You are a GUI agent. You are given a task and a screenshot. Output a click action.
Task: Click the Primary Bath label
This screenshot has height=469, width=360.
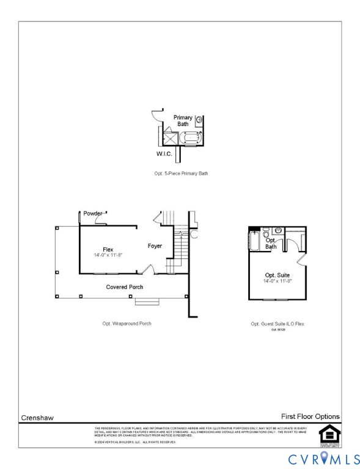click(183, 120)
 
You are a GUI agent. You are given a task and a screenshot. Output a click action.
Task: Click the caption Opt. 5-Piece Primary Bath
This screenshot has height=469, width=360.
click(181, 173)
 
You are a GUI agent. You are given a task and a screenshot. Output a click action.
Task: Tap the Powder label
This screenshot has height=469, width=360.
click(93, 213)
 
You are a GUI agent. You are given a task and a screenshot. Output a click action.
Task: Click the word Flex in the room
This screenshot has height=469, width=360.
click(108, 249)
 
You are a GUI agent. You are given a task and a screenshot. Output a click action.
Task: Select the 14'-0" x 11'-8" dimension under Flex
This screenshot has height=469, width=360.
click(108, 255)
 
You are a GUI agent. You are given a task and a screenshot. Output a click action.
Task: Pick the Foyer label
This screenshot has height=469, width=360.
click(155, 246)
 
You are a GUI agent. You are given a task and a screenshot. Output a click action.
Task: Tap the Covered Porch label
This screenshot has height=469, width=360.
click(125, 286)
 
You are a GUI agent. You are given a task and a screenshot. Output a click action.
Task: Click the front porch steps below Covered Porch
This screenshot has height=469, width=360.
click(147, 301)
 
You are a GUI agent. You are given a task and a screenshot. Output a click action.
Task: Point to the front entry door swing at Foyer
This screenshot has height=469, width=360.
click(148, 269)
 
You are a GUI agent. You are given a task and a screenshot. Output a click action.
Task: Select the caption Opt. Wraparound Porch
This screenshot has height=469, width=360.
click(127, 323)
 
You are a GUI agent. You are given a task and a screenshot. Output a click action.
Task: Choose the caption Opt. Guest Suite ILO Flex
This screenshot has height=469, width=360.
click(277, 324)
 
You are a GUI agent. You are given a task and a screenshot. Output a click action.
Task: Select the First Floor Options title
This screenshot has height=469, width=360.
click(310, 416)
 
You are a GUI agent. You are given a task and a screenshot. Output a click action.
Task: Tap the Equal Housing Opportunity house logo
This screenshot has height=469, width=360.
click(329, 434)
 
